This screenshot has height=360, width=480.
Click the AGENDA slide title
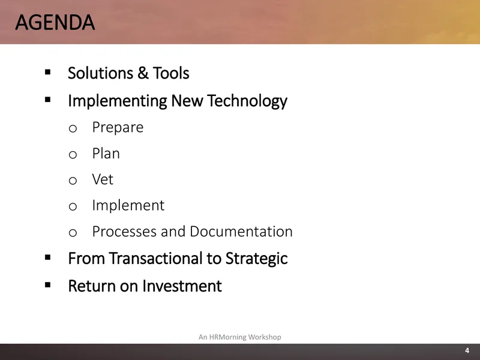coord(55,22)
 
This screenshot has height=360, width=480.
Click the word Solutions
coord(100,73)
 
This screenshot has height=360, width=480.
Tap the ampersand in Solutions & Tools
coord(143,73)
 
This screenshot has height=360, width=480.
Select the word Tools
coord(171,73)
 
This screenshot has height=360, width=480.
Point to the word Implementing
coord(118,101)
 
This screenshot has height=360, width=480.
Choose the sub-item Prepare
coord(118,128)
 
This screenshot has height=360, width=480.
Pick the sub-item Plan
coord(106,154)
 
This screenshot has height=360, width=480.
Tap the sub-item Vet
coord(103,179)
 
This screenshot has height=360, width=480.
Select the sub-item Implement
coord(128,205)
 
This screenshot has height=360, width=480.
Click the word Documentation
coord(241,232)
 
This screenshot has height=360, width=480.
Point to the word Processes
coord(124,232)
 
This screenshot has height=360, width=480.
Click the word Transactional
coord(155,259)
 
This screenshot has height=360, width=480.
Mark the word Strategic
coord(257,259)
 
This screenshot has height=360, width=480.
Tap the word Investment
coord(182,286)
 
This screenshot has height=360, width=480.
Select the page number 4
coord(467,350)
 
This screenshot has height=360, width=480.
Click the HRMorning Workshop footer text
coord(239,337)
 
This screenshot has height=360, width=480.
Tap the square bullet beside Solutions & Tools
coord(47,72)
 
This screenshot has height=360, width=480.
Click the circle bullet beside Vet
coord(73,181)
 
